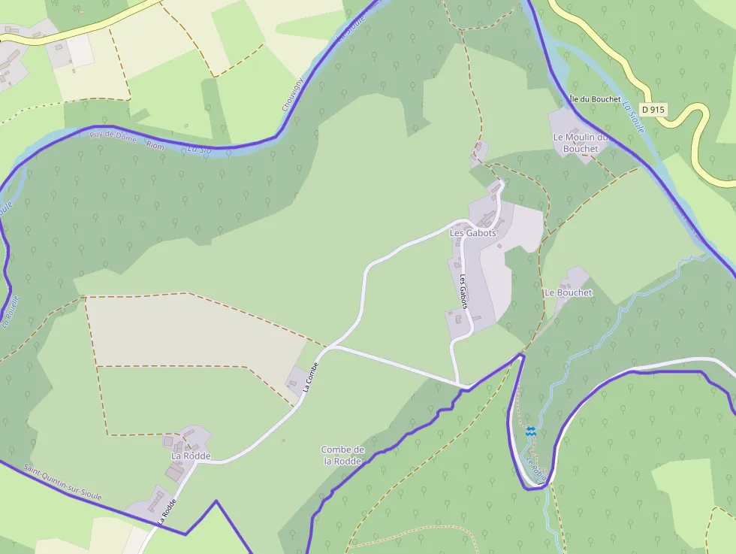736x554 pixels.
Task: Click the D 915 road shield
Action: click(654, 109)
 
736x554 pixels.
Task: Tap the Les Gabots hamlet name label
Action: click(472, 233)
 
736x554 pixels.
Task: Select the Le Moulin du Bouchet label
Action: click(580, 143)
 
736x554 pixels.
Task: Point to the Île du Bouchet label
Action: click(595, 99)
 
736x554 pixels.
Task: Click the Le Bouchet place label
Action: click(569, 292)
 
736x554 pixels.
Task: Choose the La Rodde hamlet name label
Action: click(191, 456)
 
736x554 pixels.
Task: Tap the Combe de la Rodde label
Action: click(343, 456)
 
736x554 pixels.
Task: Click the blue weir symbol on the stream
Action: click(530, 431)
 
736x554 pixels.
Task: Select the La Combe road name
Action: click(312, 377)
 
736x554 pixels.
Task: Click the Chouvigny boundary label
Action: click(292, 95)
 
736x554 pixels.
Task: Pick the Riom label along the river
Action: click(155, 145)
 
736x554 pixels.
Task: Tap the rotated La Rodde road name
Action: click(167, 510)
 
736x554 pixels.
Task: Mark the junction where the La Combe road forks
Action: click(330, 347)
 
